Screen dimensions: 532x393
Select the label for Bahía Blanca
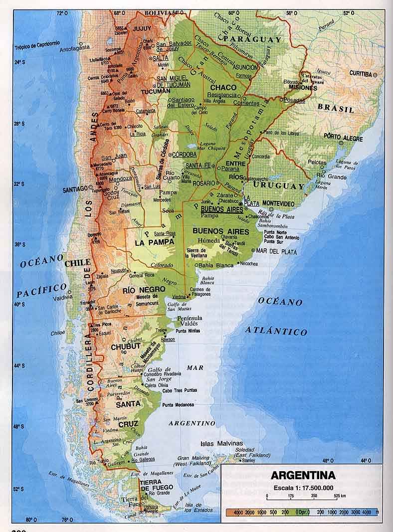(216, 265)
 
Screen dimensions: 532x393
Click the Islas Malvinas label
(221, 443)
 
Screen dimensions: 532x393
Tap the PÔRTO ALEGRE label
(343, 136)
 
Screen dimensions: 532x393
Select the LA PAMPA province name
(155, 243)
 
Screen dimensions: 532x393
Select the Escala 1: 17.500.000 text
(303, 487)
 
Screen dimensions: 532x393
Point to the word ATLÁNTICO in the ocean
(275, 331)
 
